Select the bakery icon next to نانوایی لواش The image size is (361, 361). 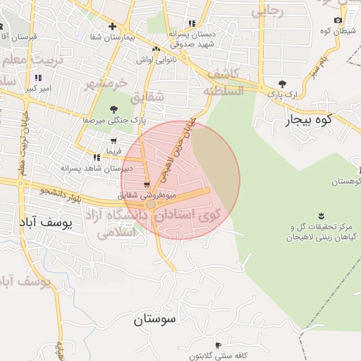[157, 48]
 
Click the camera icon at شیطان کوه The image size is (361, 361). [338, 20]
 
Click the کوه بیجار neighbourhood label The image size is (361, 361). [307, 121]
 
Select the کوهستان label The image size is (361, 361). [341, 182]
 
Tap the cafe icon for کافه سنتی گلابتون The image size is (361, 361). [218, 345]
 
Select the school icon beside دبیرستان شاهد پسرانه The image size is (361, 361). [96, 157]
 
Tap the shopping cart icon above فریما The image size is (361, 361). [114, 141]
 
